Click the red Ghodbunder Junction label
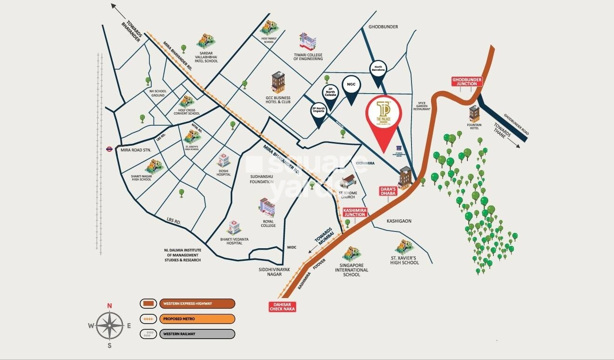467,82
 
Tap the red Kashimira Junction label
354,212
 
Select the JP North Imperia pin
318,113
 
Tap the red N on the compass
109,306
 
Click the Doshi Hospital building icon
224,160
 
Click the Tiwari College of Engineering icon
308,42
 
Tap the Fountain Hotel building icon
474,113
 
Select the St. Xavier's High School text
404,259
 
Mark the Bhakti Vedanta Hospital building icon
234,228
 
